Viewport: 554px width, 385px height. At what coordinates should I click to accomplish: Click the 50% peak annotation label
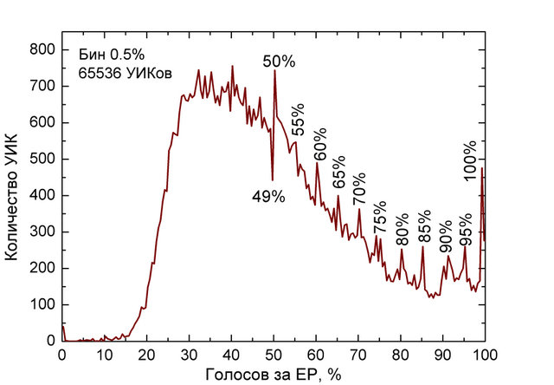280,62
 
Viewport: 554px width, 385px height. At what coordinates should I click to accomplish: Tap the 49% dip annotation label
268,197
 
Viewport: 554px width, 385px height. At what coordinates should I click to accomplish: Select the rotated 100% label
471,160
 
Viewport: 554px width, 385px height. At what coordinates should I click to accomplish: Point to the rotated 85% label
424,226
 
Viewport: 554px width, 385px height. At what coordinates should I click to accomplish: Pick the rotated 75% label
379,218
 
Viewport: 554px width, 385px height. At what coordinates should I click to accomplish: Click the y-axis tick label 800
42,50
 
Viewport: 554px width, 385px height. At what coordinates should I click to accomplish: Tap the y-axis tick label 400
42,196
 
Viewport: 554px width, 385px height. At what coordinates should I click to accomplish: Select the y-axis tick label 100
42,305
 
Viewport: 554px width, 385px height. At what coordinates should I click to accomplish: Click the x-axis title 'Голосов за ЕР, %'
273,374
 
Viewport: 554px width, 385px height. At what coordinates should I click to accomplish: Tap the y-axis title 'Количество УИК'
14,195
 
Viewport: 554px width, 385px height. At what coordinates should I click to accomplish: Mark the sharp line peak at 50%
274,71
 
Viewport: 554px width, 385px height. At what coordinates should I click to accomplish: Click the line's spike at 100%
482,169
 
